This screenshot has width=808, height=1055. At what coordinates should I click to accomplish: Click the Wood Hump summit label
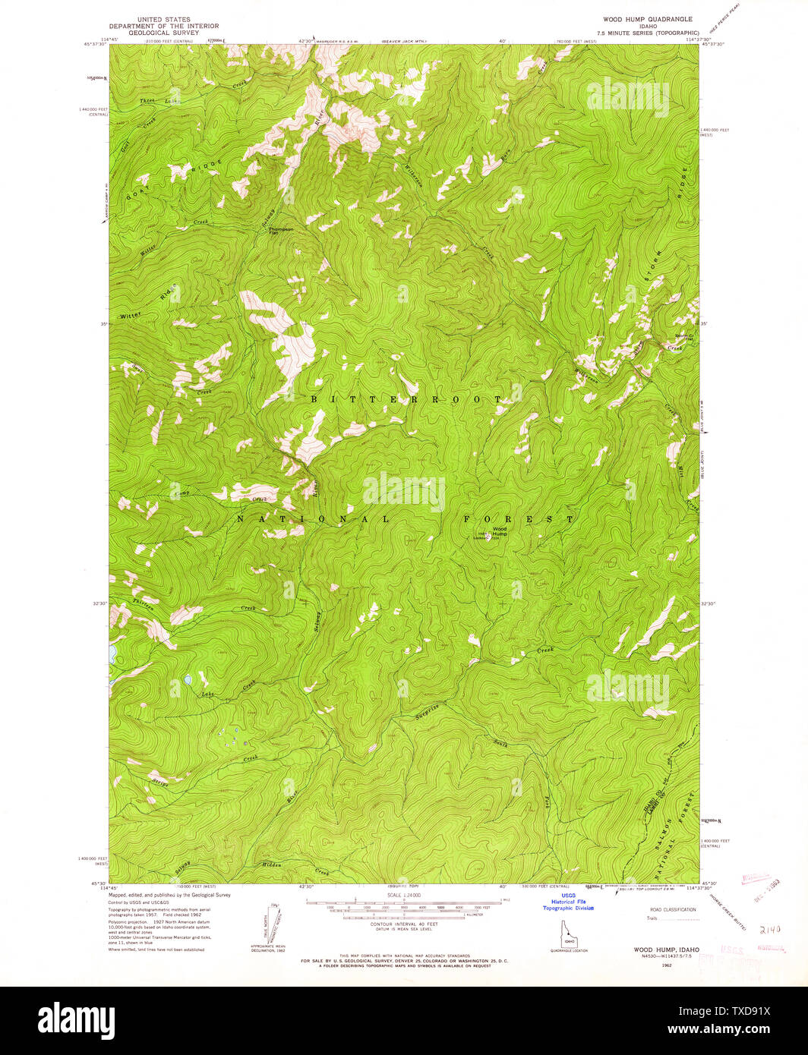(499, 531)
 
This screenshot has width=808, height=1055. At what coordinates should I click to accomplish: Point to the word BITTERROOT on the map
(407, 398)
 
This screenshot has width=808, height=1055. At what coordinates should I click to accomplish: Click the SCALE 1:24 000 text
(403, 896)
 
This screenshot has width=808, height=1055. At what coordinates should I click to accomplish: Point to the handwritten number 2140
(770, 928)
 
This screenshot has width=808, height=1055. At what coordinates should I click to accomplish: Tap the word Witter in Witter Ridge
(130, 315)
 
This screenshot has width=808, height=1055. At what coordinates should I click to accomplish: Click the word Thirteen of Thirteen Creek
(144, 604)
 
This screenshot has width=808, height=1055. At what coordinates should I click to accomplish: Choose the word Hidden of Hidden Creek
(271, 865)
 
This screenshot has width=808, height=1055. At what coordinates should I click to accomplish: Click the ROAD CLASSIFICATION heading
(672, 909)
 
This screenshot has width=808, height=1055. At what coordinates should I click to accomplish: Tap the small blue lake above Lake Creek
(186, 680)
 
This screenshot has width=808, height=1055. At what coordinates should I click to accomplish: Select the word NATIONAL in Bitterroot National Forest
(312, 519)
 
